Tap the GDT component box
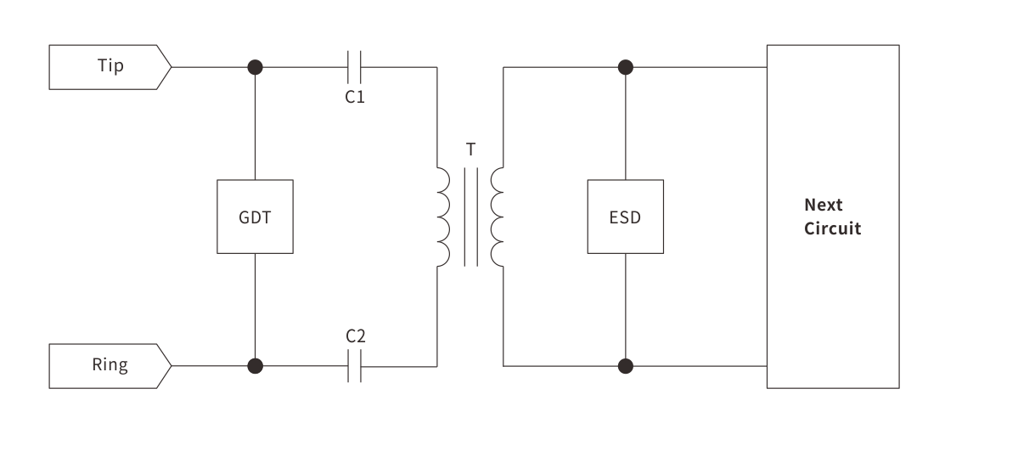click(255, 217)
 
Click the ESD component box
click(625, 217)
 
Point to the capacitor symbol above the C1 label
click(355, 66)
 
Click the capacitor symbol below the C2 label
click(355, 366)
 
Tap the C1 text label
click(355, 97)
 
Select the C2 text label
click(355, 336)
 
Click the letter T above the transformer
click(471, 150)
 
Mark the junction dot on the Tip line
click(255, 66)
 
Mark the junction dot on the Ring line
click(255, 366)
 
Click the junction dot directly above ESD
click(626, 66)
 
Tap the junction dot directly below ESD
click(626, 366)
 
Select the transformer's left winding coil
click(444, 217)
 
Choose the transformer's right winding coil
click(498, 217)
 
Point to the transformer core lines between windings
click(471, 217)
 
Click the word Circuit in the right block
click(832, 228)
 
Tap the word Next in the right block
click(823, 206)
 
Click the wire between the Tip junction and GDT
click(255, 123)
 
